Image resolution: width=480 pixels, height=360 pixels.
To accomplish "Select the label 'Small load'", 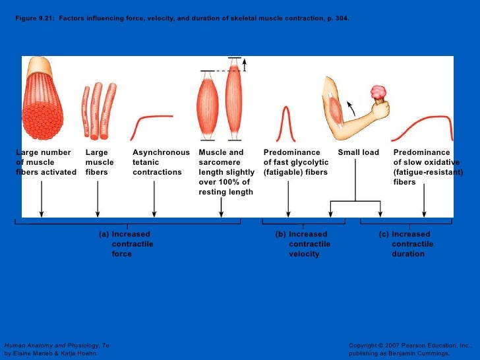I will pos(358,152).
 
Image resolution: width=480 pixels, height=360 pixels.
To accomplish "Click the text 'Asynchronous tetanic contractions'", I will pos(160,162).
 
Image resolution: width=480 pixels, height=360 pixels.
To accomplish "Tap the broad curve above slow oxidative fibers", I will pos(422,125).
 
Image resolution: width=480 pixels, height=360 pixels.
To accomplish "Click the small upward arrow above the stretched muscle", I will pos(244,64).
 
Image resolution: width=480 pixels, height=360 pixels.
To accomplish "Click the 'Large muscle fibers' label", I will pos(100,162).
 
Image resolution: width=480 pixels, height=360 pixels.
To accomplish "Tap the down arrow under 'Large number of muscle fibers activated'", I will pos(42,198).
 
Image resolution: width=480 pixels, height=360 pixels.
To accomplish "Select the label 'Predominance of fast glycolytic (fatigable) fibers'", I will pos(295,162).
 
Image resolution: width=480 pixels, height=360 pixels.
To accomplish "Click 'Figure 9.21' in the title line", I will pos(35,18).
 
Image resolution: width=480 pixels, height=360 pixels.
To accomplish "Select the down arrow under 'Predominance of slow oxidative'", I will pos(424,201).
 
